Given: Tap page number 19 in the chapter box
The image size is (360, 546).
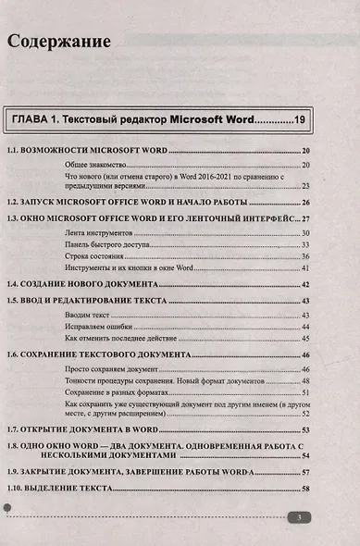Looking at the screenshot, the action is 298,119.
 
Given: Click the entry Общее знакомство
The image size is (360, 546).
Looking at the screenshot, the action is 96,164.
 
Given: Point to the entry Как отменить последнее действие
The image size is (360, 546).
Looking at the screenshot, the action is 119,340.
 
